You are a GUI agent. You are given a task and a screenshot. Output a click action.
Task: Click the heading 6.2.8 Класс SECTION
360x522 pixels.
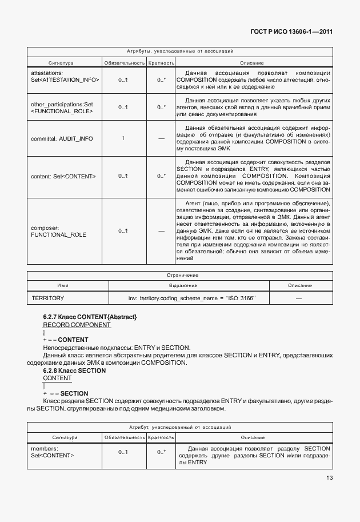[x=74, y=370]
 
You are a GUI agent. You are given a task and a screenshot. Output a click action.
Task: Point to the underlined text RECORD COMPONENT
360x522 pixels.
[x=77, y=325]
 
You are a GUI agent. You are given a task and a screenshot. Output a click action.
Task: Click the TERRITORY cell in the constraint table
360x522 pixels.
[x=48, y=298]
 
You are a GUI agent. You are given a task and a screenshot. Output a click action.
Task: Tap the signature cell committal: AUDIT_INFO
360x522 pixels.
[x=62, y=138]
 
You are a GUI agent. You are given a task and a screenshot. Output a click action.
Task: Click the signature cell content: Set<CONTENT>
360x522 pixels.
[x=63, y=176]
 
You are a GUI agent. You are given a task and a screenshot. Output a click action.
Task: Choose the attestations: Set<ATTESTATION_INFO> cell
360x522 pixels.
[x=65, y=77]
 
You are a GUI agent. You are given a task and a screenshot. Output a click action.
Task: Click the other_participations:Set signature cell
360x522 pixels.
[x=61, y=107]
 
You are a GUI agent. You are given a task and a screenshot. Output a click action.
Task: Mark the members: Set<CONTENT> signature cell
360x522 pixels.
[x=53, y=452]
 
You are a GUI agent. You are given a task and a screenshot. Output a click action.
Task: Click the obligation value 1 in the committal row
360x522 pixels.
[x=123, y=138]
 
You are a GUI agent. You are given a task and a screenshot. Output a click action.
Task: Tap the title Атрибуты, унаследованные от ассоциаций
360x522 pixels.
[x=179, y=51]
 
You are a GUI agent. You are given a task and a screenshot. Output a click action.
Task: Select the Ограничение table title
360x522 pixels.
[x=179, y=275]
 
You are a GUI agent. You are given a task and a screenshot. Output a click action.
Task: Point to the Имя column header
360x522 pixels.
[x=63, y=285]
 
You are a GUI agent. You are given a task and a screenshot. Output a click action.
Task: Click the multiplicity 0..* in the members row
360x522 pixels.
[x=161, y=452]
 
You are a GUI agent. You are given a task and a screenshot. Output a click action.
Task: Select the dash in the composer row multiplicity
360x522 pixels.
[x=161, y=231]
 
